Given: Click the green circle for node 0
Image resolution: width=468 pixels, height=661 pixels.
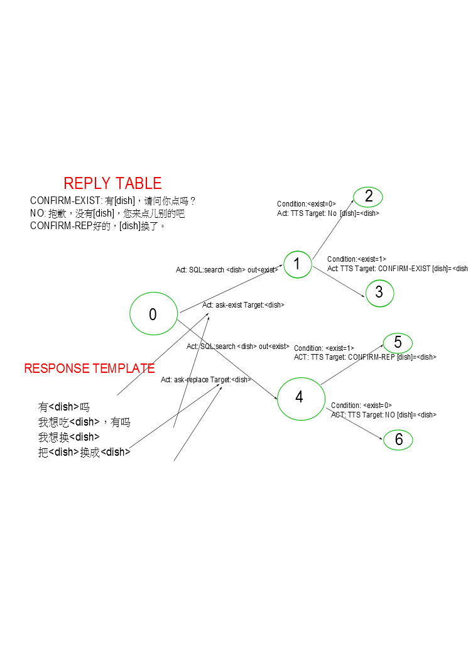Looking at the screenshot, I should click(153, 314).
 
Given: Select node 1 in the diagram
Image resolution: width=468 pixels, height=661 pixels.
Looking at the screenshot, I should click(297, 264).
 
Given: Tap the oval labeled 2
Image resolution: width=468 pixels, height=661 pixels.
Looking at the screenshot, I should click(368, 196).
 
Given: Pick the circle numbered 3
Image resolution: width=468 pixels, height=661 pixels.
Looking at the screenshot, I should click(379, 293).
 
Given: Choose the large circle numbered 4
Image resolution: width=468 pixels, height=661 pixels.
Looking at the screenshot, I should click(299, 397).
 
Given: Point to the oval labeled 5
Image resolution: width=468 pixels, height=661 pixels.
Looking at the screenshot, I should click(398, 343).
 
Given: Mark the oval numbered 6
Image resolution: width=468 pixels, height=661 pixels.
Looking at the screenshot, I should click(398, 440).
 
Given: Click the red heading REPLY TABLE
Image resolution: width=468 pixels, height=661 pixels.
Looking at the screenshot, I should click(112, 183).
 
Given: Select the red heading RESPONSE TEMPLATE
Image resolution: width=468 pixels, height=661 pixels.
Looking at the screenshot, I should click(89, 368).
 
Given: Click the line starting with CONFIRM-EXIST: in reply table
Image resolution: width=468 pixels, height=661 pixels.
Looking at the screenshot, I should click(113, 201).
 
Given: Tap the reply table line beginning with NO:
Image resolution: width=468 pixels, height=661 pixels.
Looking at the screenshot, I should click(107, 213).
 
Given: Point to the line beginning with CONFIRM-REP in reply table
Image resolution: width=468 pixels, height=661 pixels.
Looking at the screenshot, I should click(98, 226).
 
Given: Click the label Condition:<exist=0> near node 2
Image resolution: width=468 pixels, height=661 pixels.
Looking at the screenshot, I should click(307, 204).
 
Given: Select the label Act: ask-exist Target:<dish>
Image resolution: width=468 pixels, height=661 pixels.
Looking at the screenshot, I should click(243, 305).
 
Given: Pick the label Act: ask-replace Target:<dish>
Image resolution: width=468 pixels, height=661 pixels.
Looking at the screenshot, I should click(206, 380).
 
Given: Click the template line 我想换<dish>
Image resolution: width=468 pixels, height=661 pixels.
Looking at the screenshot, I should click(69, 437).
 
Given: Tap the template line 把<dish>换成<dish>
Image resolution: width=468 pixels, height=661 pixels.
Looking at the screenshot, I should click(84, 452).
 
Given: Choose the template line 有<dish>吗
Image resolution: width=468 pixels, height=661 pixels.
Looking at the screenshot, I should click(64, 407).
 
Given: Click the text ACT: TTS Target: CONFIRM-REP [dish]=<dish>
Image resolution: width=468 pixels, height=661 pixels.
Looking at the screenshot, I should click(365, 357).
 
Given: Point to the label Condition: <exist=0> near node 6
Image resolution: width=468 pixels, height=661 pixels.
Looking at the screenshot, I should click(361, 406).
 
